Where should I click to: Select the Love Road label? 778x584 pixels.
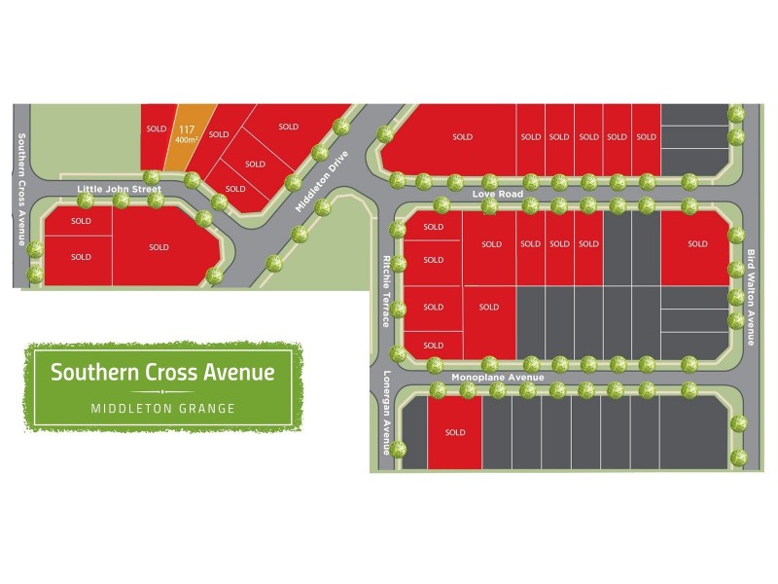tap(497, 195)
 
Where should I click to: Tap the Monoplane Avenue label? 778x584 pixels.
tap(496, 376)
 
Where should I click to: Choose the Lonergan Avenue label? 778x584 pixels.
tap(386, 414)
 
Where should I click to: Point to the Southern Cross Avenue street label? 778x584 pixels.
tap(20, 189)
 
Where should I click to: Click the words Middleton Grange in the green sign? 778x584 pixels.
tap(162, 409)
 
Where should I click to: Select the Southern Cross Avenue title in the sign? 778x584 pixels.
tap(162, 372)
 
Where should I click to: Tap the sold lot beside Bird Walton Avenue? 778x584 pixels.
tap(696, 244)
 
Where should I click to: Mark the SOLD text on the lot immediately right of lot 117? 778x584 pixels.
tap(218, 134)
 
